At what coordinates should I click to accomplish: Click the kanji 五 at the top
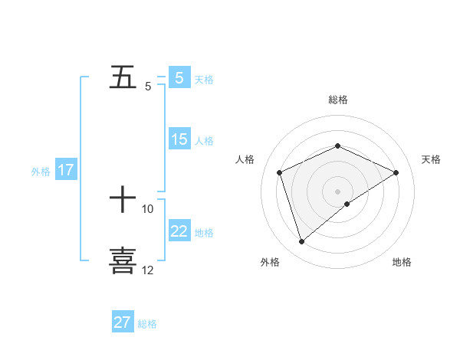coord(123,77)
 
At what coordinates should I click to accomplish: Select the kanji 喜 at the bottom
coord(123,260)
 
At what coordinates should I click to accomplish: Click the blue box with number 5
coord(179,77)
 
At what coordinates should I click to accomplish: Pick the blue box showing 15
coord(179,139)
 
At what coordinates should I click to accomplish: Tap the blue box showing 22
coord(179,231)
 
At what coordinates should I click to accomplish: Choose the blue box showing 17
coord(65,170)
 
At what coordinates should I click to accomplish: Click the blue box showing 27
coord(123,322)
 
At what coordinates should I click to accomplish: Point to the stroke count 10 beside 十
coord(148,208)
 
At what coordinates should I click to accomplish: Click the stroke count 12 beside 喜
coord(148,270)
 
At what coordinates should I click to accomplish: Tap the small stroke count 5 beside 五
coord(147,87)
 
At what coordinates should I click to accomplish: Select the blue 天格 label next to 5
coord(204,79)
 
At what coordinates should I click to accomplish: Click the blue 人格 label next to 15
coord(204,141)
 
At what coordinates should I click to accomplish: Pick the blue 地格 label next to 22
coord(204,233)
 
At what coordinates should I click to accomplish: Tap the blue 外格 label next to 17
coord(41,172)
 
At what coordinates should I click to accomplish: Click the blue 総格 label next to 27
coord(147,324)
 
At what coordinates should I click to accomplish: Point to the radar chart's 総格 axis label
coord(338,100)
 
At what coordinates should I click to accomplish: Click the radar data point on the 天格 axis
coord(396,172)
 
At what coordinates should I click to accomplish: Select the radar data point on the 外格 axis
coord(302,242)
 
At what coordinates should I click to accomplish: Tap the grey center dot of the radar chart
coord(338,191)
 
